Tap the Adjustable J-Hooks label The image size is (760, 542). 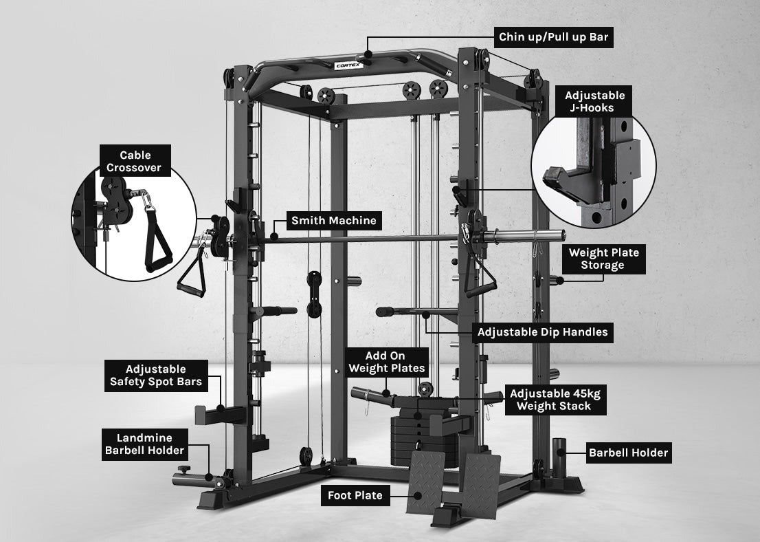point(594,102)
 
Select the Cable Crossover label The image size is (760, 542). point(135,162)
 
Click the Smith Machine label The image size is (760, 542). point(333,221)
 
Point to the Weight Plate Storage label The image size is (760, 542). point(603,259)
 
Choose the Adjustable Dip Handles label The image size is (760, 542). point(542,332)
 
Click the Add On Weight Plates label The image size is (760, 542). point(385,362)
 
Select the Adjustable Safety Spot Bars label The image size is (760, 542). point(155,376)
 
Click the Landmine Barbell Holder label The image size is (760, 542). point(144,444)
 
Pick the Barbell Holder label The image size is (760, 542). point(628,453)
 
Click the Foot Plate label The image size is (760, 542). point(355,495)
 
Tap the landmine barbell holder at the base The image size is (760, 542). point(199,474)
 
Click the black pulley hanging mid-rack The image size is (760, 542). point(314,294)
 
